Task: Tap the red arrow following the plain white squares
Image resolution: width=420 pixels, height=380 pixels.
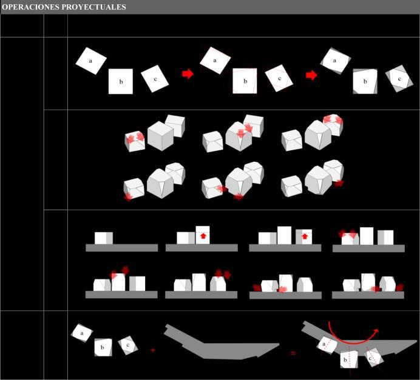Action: point(188,74)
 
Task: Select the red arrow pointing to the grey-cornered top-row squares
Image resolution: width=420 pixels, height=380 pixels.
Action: point(311,75)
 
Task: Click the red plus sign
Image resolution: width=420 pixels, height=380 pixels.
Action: point(153,350)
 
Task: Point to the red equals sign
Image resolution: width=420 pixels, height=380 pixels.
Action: point(293,353)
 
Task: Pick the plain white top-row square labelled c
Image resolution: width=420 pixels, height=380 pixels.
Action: point(155,79)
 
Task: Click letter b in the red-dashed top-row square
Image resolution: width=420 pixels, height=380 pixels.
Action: point(245,81)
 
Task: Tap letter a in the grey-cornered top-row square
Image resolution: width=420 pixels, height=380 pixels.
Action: point(334,61)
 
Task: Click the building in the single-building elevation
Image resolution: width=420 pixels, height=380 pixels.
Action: point(104,238)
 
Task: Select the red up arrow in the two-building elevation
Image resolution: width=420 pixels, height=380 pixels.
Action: point(203,236)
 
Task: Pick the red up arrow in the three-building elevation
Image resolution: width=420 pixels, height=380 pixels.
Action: point(305,236)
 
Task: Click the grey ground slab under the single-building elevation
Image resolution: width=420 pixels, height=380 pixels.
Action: point(122,248)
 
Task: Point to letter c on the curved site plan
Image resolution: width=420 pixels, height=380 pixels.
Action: point(370,358)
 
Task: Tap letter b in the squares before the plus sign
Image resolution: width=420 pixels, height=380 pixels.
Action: point(103,348)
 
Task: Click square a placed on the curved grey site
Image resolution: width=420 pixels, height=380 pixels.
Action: point(327,345)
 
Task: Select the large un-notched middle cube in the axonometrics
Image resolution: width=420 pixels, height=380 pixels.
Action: point(160,136)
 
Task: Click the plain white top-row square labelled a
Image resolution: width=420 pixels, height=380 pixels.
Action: point(91,61)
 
